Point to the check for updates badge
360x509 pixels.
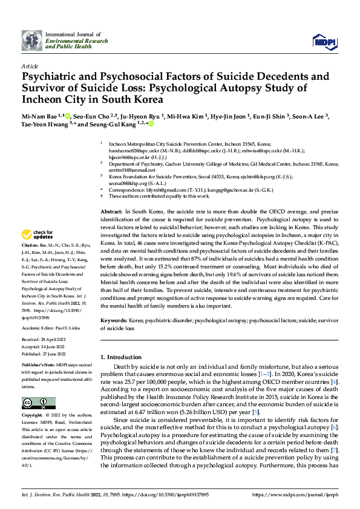tap(38, 235)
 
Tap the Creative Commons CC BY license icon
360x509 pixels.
tap(35, 403)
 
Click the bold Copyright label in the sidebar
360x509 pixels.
tap(32, 416)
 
